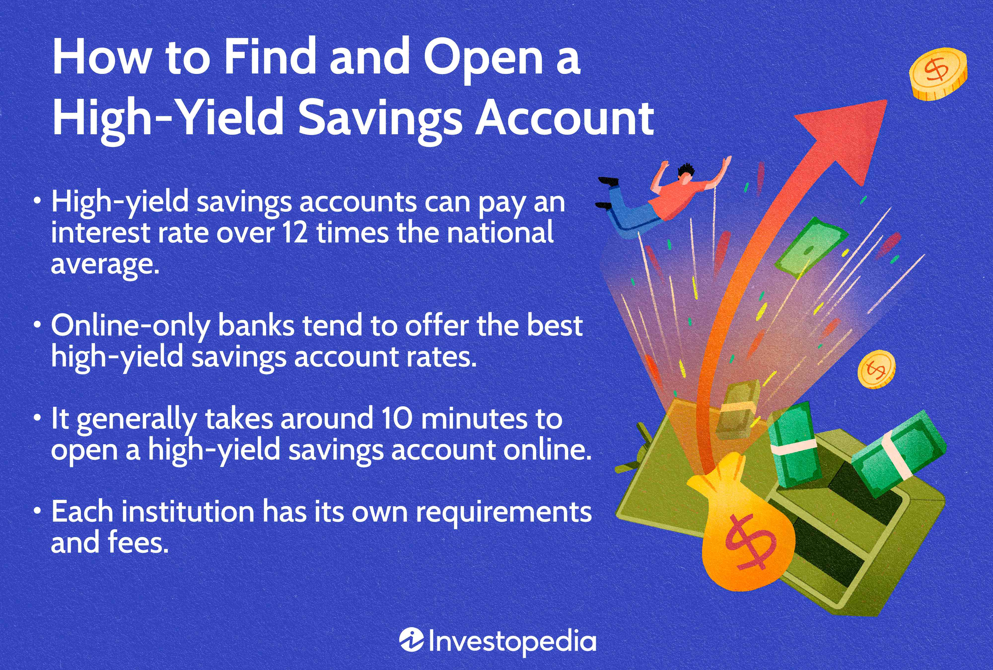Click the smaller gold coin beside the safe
[x=876, y=369]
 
